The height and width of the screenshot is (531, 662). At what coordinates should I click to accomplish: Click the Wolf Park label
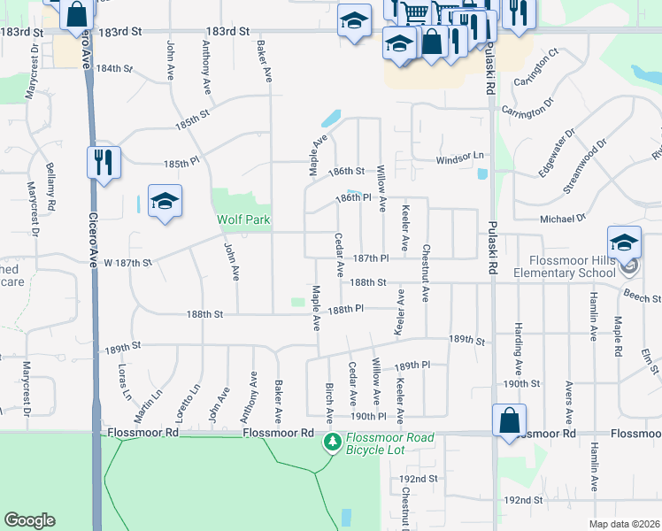pos(243,219)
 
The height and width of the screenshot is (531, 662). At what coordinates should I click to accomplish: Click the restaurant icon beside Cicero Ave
pos(104,162)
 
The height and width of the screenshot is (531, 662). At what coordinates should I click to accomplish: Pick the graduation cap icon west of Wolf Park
pos(165,203)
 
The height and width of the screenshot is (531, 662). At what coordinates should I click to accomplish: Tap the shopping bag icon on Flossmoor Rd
pos(510,420)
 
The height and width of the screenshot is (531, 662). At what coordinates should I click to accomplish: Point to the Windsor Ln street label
pos(462,158)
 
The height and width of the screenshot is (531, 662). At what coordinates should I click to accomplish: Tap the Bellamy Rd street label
pos(50,187)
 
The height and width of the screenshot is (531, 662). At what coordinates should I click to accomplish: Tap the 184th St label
pos(114,68)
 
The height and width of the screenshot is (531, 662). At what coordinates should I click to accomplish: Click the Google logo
pos(29,520)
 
